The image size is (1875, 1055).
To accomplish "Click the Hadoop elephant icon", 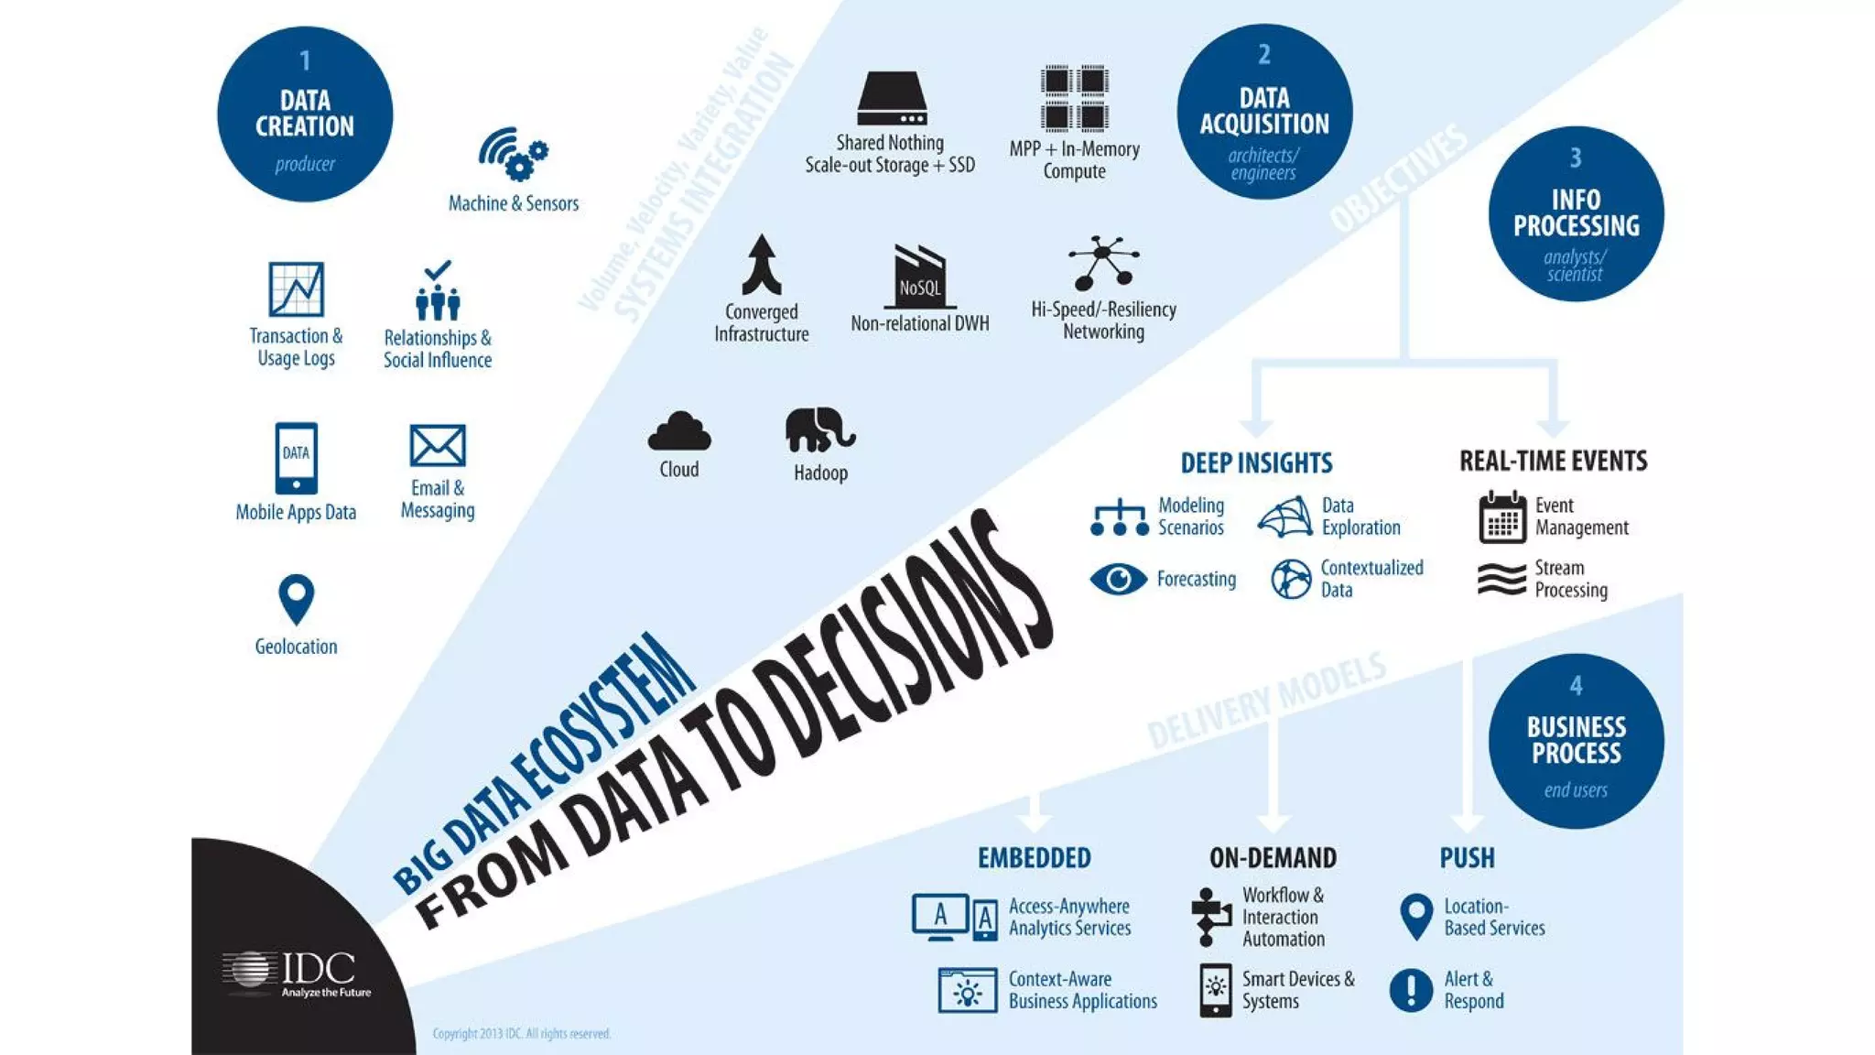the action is click(819, 430).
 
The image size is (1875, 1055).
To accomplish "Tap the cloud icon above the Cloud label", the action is click(679, 431).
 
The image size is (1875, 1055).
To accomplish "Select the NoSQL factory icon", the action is click(920, 277).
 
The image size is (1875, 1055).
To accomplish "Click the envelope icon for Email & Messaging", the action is click(438, 446).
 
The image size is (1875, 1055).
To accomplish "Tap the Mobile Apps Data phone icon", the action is click(296, 458).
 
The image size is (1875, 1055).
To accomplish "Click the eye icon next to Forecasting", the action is click(1118, 579).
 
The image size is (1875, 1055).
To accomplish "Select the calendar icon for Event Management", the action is click(1502, 517).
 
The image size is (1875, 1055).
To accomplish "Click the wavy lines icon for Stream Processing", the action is click(1501, 579).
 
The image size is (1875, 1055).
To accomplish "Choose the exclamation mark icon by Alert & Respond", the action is click(1411, 990).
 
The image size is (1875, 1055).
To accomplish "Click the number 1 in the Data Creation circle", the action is click(305, 61).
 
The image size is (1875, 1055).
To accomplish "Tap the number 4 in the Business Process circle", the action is click(1576, 686).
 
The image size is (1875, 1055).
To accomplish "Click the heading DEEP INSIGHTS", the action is click(1256, 463).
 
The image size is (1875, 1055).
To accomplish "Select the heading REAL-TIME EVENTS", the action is click(1553, 461).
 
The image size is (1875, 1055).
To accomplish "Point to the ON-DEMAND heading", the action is click(1273, 858).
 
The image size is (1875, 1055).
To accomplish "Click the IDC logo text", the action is click(318, 969).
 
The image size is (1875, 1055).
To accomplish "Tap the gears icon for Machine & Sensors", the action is click(514, 153).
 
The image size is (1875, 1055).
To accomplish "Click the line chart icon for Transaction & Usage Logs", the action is click(296, 289).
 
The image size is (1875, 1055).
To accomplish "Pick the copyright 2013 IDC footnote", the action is click(521, 1034).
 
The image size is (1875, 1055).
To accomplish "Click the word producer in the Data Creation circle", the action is click(305, 165).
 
